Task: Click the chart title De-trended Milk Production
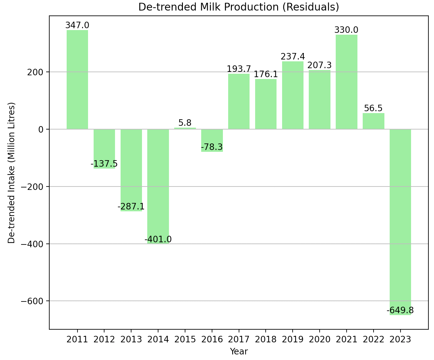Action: point(238,7)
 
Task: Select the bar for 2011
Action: point(77,80)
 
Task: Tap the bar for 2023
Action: point(400,222)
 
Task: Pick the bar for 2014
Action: point(158,186)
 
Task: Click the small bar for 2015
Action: point(185,128)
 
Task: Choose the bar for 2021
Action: point(346,82)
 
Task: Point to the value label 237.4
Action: point(293,57)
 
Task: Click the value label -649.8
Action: point(400,310)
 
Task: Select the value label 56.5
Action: point(373,108)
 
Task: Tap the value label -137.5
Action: point(104,164)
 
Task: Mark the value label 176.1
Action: point(266,74)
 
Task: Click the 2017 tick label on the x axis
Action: point(239,339)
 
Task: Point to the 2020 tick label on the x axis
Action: point(319,339)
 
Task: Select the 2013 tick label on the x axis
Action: point(131,339)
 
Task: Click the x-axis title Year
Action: point(239,351)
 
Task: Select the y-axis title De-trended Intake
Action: point(11,173)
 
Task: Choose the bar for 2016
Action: point(212,140)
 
